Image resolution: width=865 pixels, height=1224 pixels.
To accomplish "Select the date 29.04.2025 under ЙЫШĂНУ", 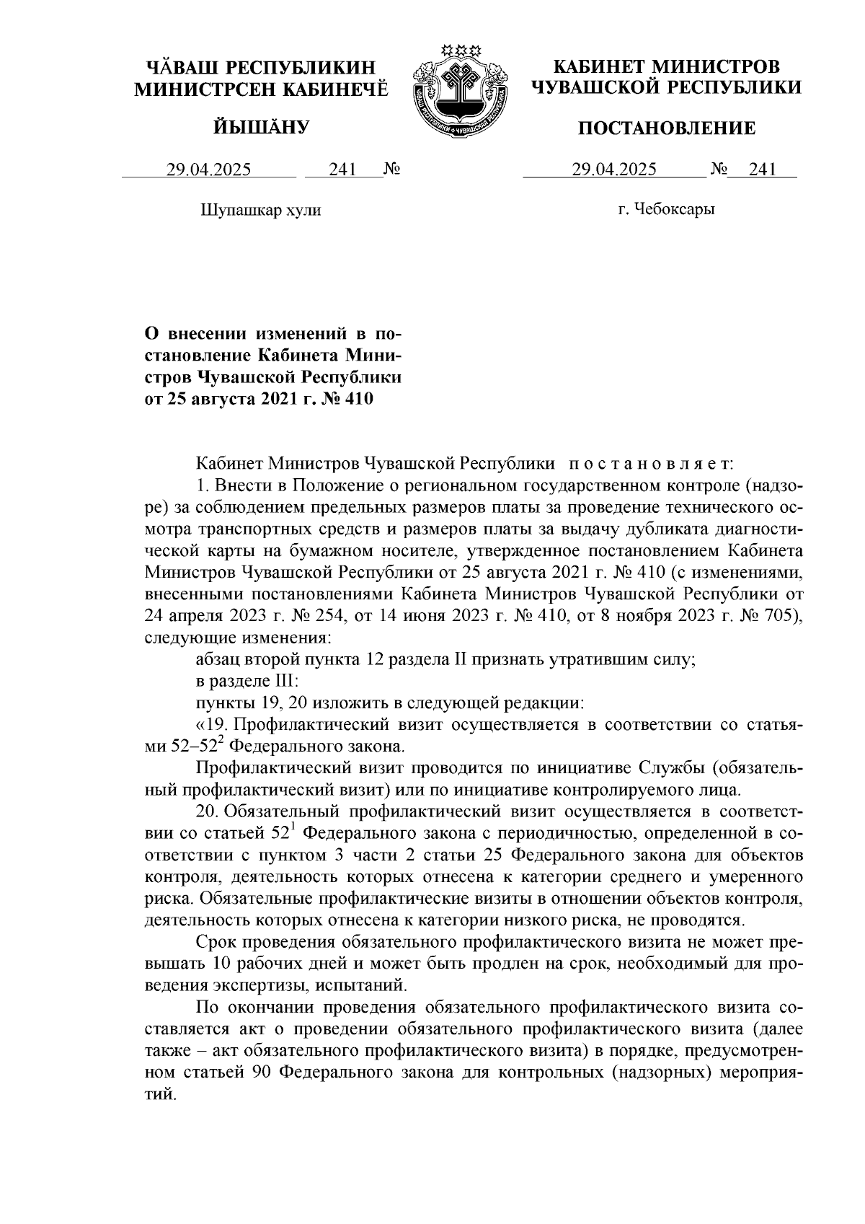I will [208, 170].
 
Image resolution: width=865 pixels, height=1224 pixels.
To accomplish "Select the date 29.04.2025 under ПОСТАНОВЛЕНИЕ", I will [614, 170].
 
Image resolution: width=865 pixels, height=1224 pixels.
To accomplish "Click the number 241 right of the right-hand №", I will [763, 170].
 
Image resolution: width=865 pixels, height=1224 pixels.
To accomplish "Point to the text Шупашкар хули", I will [259, 211].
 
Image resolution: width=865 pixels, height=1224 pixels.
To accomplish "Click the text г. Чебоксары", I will [667, 211].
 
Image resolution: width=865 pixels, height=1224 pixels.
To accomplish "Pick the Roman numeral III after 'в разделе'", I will [278, 681].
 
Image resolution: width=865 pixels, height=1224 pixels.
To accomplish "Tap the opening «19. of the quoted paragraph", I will [211, 723].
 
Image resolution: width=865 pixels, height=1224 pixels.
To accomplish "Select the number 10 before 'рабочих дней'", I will [221, 964].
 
